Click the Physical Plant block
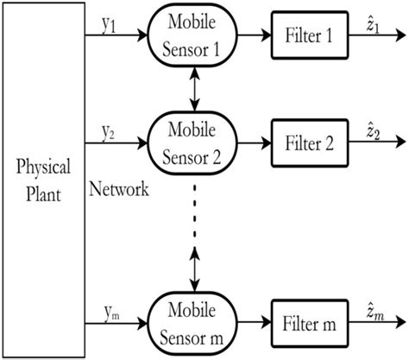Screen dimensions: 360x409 click(x=42, y=179)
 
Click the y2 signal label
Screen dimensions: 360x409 click(x=108, y=132)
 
